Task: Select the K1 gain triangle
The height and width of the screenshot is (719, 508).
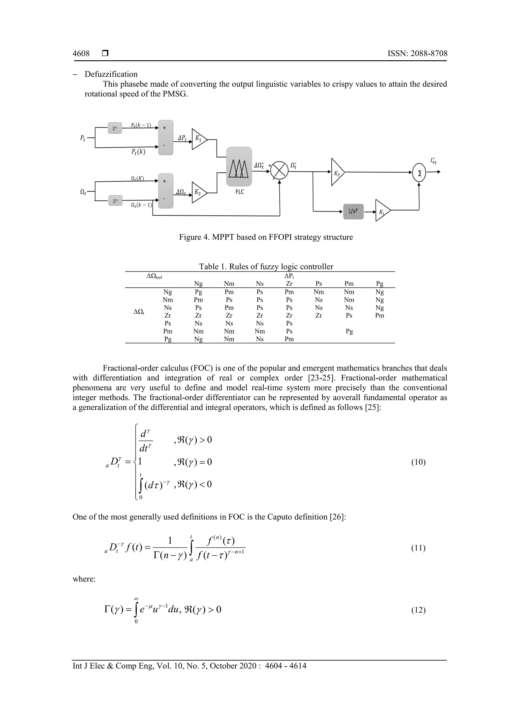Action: click(x=199, y=139)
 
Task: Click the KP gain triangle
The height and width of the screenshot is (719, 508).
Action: click(x=337, y=172)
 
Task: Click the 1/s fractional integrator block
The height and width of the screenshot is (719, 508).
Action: click(x=353, y=211)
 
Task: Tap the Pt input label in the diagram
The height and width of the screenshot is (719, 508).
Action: click(x=83, y=138)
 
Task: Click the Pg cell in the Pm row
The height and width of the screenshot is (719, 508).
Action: click(x=349, y=331)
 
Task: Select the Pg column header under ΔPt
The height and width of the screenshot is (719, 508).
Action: click(x=380, y=284)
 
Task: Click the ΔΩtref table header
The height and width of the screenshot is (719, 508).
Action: click(x=154, y=276)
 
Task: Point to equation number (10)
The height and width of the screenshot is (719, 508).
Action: click(x=418, y=462)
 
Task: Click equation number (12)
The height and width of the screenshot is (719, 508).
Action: click(x=418, y=610)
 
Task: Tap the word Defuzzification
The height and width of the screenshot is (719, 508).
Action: click(x=111, y=74)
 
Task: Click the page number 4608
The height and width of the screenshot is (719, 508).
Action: click(x=81, y=54)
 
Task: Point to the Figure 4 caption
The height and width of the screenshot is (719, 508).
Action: click(x=266, y=237)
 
